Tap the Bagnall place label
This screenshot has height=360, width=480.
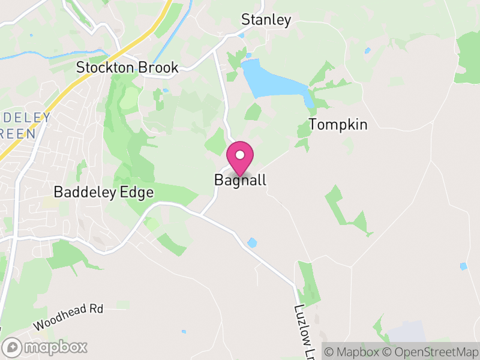click(x=240, y=180)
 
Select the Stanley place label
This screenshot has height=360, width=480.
click(x=266, y=20)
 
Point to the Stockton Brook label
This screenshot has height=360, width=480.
click(x=127, y=68)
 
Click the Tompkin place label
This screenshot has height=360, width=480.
click(x=338, y=125)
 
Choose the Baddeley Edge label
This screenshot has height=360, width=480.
click(x=104, y=193)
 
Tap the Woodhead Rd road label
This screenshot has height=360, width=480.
click(x=68, y=317)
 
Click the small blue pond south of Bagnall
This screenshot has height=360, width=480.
click(x=253, y=243)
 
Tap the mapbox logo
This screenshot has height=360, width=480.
click(x=46, y=347)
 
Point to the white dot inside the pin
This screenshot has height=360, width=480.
click(x=240, y=155)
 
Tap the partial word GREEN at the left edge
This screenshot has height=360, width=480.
click(x=18, y=133)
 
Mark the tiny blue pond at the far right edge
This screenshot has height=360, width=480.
click(x=463, y=266)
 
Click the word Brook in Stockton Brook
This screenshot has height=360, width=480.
click(x=158, y=68)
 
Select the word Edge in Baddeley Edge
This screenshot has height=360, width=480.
click(x=139, y=193)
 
